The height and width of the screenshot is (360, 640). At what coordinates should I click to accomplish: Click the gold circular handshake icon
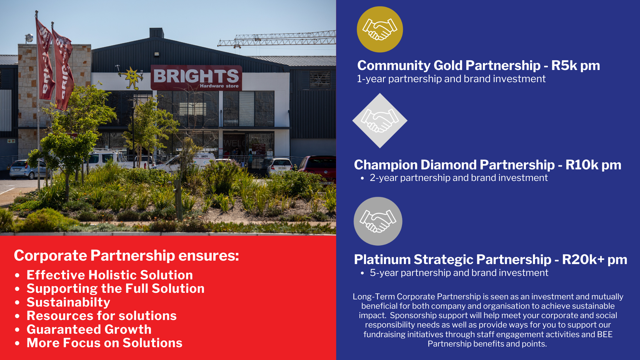tap(380, 29)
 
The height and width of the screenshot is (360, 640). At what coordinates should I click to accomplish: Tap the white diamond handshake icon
tap(380, 121)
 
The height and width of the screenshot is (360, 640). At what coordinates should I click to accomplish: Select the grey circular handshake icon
tap(378, 221)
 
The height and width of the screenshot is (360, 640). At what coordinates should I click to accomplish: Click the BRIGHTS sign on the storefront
tap(196, 77)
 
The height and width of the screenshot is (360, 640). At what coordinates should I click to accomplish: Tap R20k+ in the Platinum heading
tap(583, 260)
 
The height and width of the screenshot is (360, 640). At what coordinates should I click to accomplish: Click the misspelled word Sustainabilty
tap(68, 302)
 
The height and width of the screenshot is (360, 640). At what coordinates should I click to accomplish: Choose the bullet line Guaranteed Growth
tap(89, 329)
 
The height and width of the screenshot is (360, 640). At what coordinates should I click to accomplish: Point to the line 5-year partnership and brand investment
tap(459, 273)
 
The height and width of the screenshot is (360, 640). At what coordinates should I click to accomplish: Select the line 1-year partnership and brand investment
tap(451, 79)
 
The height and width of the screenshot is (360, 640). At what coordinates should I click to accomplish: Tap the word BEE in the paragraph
tap(605, 334)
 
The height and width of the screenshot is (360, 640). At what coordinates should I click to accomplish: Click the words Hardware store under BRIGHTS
tap(219, 86)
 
